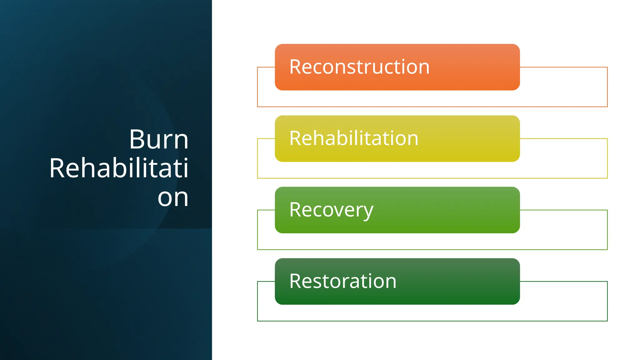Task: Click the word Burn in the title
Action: click(159, 139)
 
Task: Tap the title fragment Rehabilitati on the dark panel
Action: click(119, 168)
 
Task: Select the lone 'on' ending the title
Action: click(173, 197)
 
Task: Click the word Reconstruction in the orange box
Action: click(359, 67)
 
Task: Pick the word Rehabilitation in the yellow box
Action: click(354, 138)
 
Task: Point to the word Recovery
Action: click(331, 210)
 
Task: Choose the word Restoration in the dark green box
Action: click(343, 281)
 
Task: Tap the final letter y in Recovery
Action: click(368, 211)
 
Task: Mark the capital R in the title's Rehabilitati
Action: click(57, 168)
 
